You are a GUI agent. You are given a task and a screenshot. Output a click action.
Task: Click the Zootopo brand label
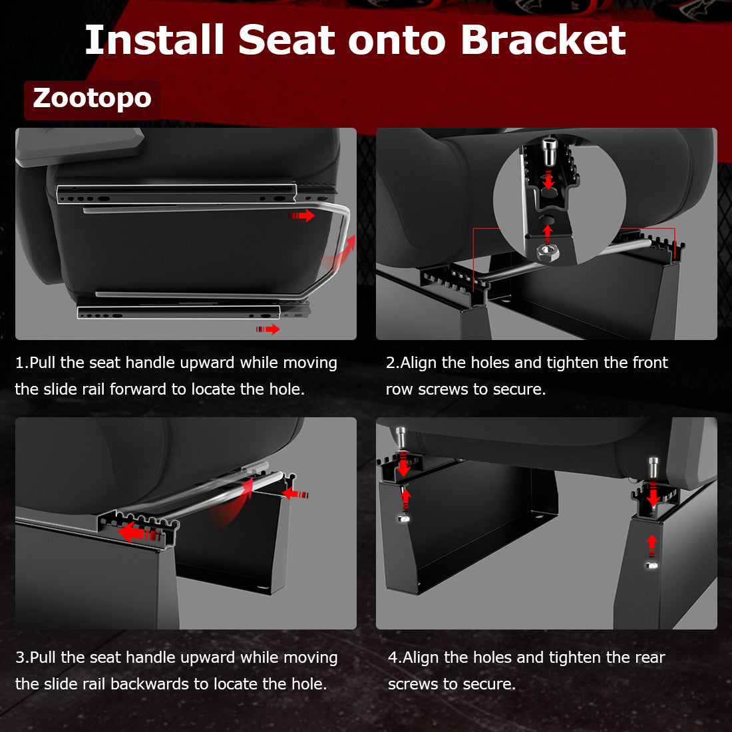[x=92, y=98]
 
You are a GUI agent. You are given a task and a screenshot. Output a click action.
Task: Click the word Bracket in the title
[x=542, y=40]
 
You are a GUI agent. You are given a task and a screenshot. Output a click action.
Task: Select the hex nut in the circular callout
[x=547, y=252]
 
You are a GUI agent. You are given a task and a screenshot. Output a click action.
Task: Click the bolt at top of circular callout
[x=549, y=151]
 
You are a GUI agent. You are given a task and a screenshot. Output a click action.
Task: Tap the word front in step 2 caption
[x=649, y=363]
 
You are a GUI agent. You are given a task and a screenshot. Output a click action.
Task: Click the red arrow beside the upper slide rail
[x=303, y=216]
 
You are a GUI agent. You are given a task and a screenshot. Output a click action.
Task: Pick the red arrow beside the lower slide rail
[x=268, y=329]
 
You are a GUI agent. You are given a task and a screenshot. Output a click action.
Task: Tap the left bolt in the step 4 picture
[x=401, y=438]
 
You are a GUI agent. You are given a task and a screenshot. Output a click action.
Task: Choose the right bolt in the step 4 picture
[x=653, y=469]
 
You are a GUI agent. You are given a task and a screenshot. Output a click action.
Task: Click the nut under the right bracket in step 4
[x=652, y=565]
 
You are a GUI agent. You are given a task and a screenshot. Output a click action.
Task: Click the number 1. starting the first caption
[x=21, y=363]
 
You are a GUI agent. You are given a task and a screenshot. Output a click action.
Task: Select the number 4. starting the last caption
[x=394, y=657]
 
